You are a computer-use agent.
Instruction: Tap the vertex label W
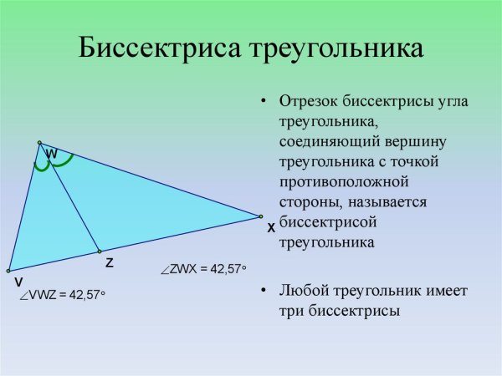point(52,155)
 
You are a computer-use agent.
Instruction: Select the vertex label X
point(271,227)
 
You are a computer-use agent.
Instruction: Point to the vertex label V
point(18,282)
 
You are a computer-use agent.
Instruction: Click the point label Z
point(110,262)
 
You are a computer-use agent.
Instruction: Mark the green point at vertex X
point(261,216)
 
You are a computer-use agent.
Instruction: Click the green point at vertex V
point(8,271)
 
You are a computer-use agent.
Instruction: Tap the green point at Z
point(99,251)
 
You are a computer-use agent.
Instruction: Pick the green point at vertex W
point(39,143)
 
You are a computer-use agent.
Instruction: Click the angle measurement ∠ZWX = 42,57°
point(204,268)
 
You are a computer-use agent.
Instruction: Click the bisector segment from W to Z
point(70,199)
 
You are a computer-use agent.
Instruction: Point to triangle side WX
point(151,180)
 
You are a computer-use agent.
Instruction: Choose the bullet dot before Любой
point(264,291)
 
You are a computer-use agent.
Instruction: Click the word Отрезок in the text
point(308,102)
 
